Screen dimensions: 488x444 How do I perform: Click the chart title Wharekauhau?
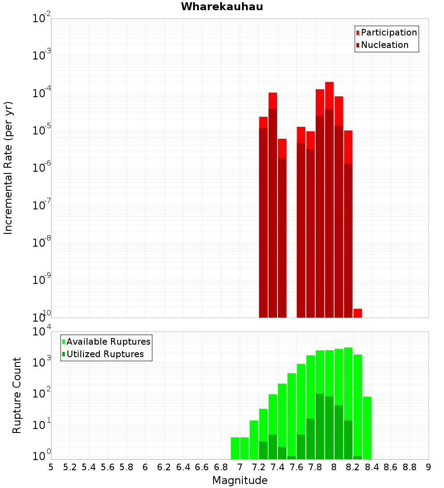click(222, 7)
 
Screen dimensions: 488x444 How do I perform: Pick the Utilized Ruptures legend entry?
click(105, 354)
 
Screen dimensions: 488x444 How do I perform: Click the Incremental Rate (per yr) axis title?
click(8, 168)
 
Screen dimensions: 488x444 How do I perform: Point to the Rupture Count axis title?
click(17, 395)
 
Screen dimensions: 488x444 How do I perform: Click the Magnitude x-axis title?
click(240, 480)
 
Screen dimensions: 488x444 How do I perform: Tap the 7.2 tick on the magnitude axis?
click(258, 467)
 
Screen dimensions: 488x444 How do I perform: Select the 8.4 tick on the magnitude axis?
click(372, 467)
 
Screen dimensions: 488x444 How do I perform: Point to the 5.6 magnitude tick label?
click(107, 467)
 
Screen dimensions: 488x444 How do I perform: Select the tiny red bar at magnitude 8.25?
click(357, 313)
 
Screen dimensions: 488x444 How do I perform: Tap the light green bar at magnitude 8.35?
click(367, 426)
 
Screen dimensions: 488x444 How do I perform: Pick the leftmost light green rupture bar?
click(235, 448)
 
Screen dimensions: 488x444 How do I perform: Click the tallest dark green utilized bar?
click(320, 426)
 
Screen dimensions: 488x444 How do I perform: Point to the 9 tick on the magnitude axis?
click(428, 467)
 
